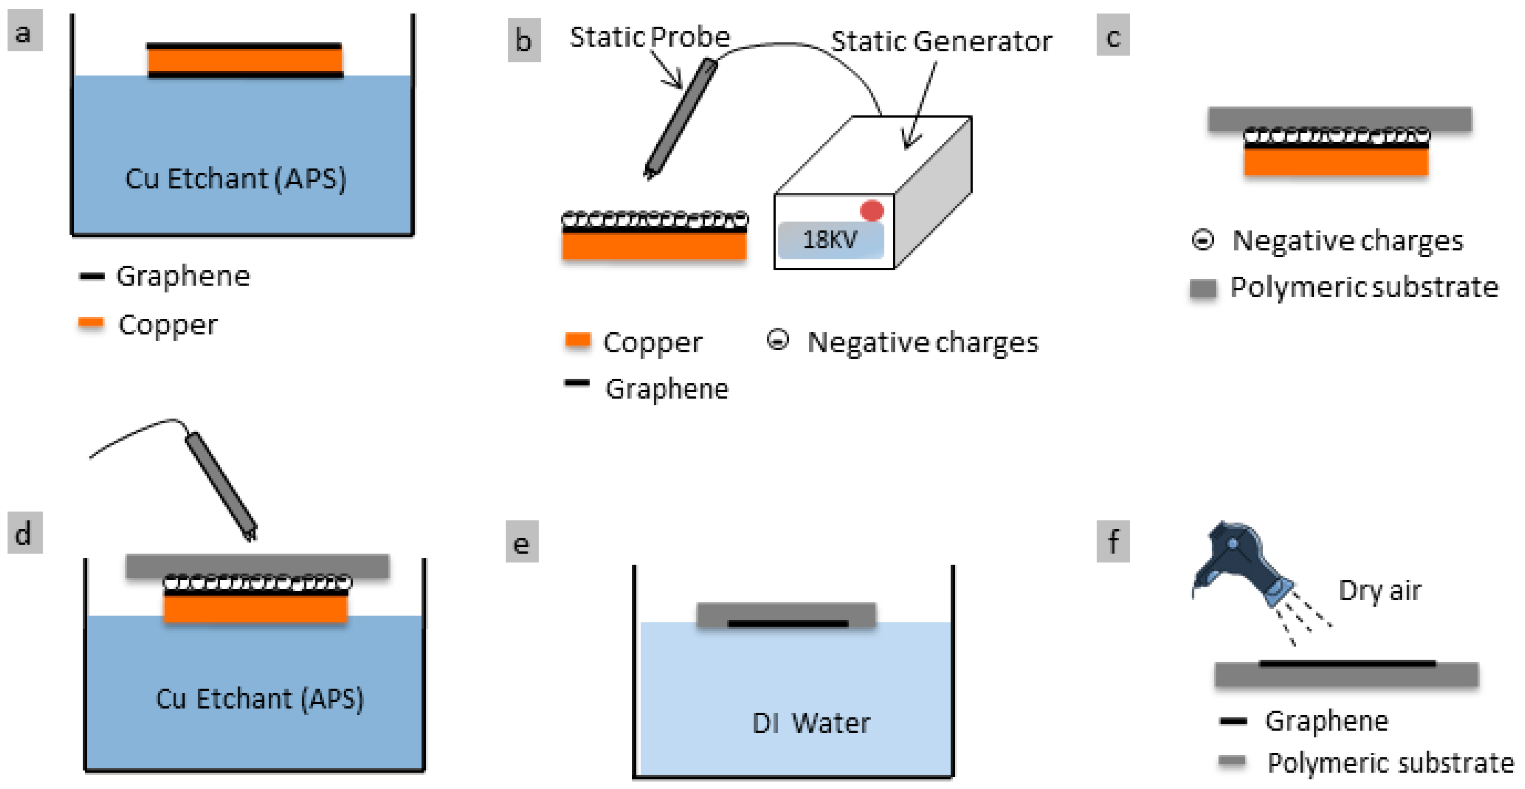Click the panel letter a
click(x=24, y=32)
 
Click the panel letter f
click(x=1113, y=541)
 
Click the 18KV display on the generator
click(x=830, y=240)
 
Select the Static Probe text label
click(x=649, y=37)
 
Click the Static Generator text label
click(x=941, y=41)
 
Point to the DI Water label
click(x=811, y=723)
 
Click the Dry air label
click(x=1380, y=590)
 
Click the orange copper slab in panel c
click(x=1336, y=162)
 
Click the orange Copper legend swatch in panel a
click(x=91, y=323)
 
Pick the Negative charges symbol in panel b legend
click(x=777, y=340)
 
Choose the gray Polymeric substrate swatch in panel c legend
click(x=1202, y=288)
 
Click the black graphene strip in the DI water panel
click(x=787, y=623)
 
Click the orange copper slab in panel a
click(x=245, y=60)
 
